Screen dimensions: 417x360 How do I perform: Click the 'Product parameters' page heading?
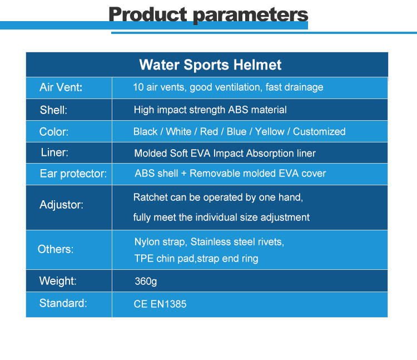pyautogui.click(x=209, y=14)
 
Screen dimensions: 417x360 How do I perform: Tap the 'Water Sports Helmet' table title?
pyautogui.click(x=210, y=65)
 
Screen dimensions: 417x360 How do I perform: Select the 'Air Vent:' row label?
pyautogui.click(x=61, y=87)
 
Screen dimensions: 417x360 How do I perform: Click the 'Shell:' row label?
pyautogui.click(x=53, y=110)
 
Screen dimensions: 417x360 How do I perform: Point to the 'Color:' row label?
pyautogui.click(x=54, y=132)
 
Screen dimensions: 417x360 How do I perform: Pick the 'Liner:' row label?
pyautogui.click(x=54, y=152)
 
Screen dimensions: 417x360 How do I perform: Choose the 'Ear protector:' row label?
pyautogui.click(x=73, y=174)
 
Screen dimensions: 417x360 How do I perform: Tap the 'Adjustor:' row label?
pyautogui.click(x=61, y=205)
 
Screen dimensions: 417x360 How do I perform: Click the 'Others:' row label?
pyautogui.click(x=55, y=249)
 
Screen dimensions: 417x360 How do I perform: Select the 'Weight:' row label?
pyautogui.click(x=58, y=281)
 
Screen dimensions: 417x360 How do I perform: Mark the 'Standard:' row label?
pyautogui.click(x=63, y=303)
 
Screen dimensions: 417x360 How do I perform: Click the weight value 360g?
pyautogui.click(x=146, y=282)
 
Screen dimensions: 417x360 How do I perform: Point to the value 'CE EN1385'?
pyautogui.click(x=160, y=304)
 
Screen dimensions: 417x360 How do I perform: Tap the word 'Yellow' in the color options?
pyautogui.click(x=270, y=131)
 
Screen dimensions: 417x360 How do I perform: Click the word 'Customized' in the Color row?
pyautogui.click(x=319, y=131)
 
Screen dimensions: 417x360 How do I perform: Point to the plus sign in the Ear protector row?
pyautogui.click(x=183, y=174)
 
